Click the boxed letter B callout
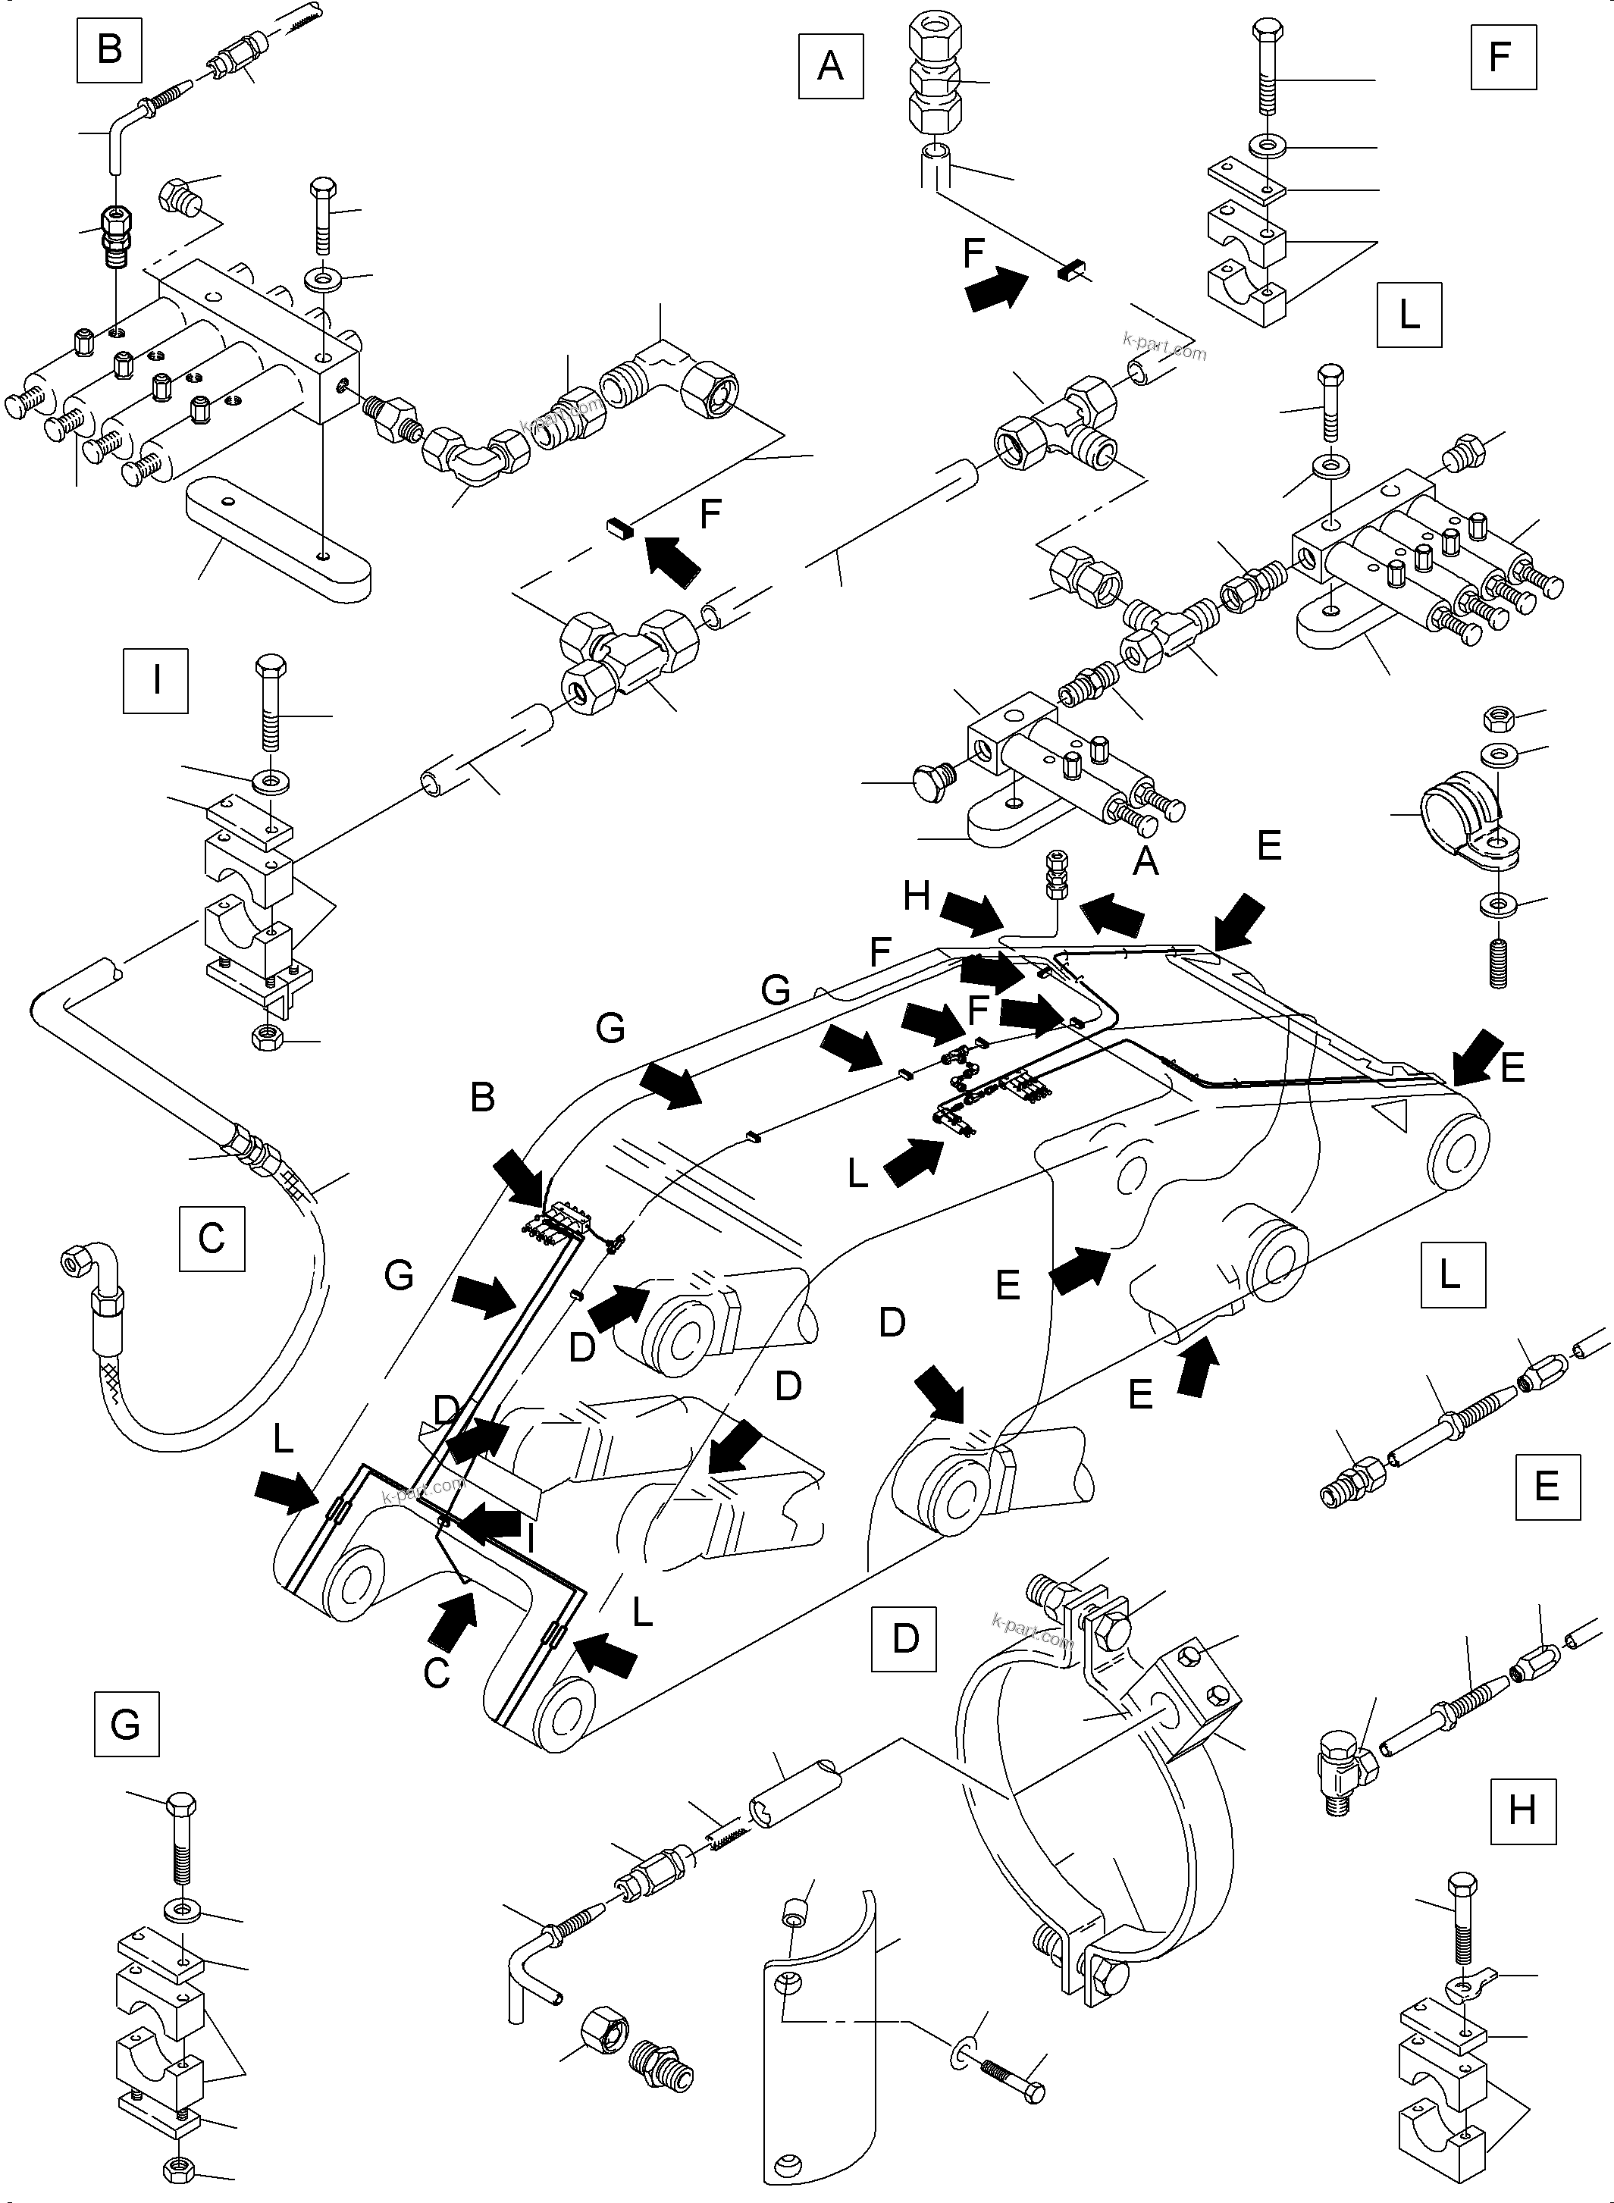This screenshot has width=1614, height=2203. [109, 49]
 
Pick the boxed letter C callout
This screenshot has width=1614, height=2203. [212, 1238]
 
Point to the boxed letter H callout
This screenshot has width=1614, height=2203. [1523, 1811]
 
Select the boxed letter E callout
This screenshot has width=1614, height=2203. [1547, 1486]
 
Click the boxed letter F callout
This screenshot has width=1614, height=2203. [1503, 57]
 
